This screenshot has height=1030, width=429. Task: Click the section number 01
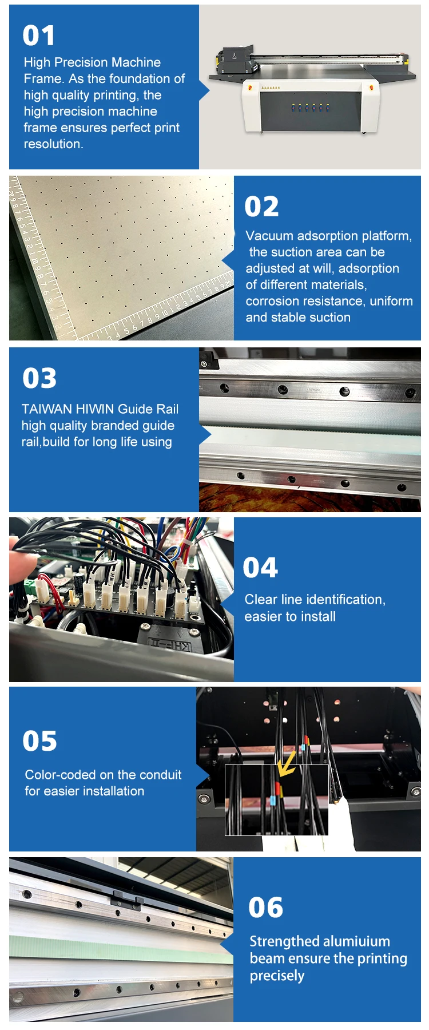[x=39, y=35]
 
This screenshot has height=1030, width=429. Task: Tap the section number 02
[x=261, y=207]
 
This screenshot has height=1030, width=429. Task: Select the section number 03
[x=39, y=378]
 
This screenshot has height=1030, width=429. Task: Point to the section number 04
[x=260, y=568]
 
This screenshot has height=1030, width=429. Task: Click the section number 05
[x=39, y=741]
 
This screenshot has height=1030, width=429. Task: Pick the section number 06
[x=265, y=908]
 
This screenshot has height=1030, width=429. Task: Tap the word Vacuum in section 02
[x=269, y=236]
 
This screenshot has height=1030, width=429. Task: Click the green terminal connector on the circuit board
[x=27, y=587]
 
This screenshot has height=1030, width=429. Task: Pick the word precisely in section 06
[x=277, y=976]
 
